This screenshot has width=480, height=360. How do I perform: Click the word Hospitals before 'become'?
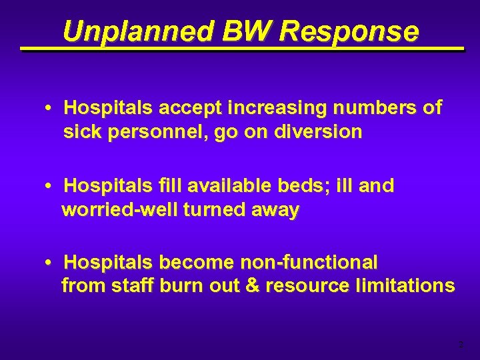(107, 262)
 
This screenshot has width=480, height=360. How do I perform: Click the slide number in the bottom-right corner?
(460, 345)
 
